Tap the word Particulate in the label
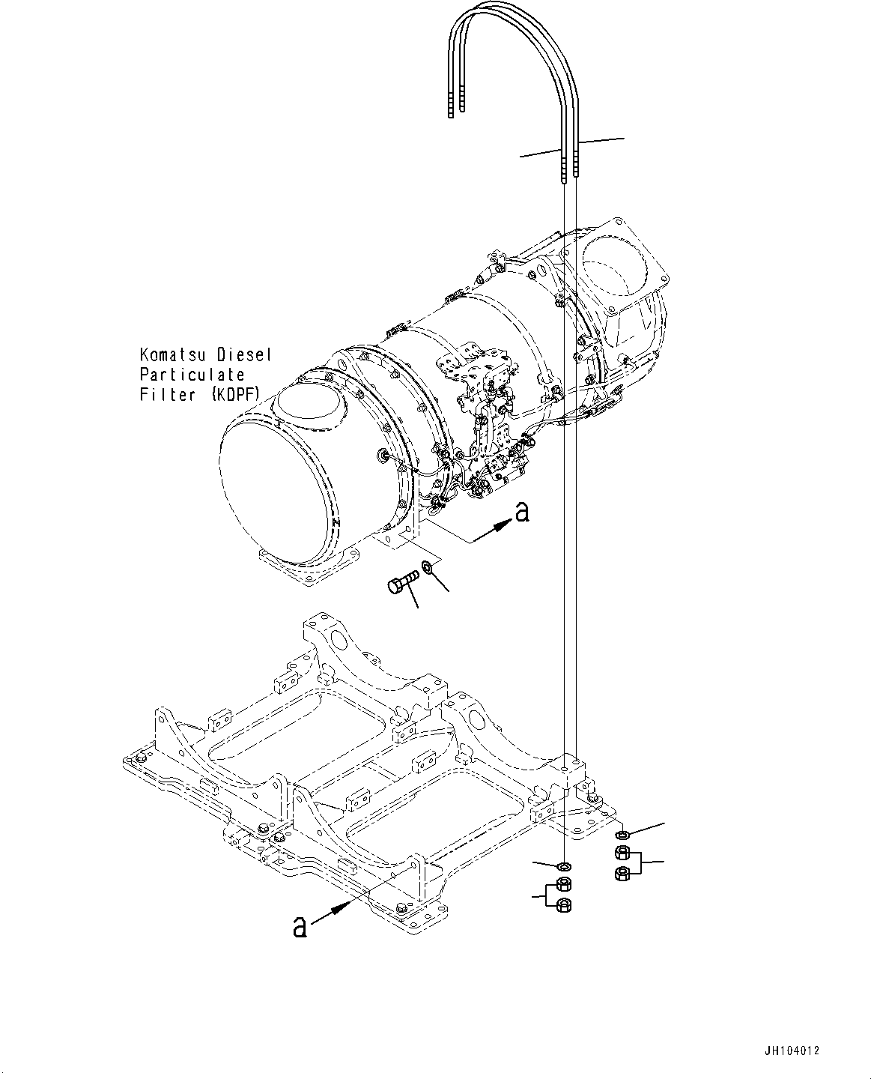[191, 374]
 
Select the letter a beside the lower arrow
[300, 927]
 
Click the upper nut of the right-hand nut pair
[621, 853]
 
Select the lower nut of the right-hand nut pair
[621, 873]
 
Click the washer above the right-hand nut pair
[621, 835]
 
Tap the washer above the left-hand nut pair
[565, 867]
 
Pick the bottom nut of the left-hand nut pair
[565, 905]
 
